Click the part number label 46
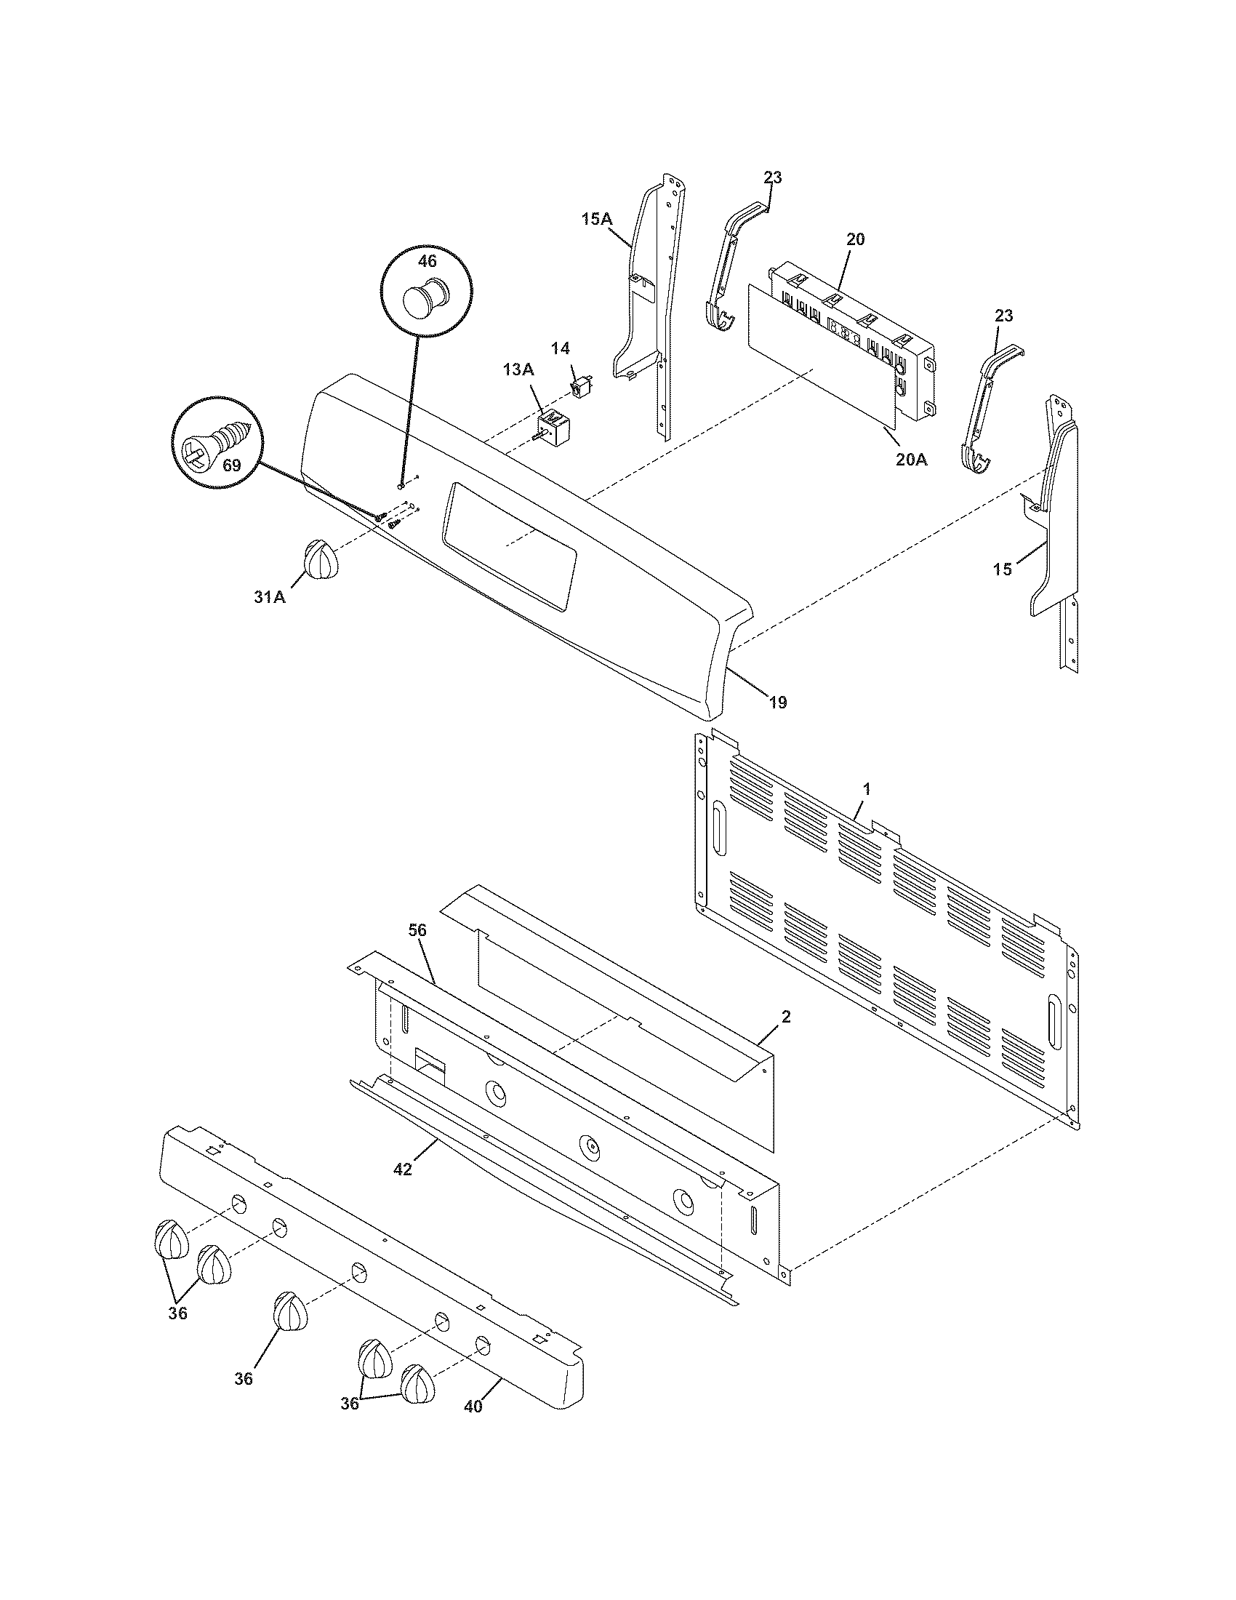tap(427, 261)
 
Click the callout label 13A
tap(518, 370)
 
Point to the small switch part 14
tap(582, 384)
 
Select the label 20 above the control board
tap(855, 239)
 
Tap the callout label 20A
tap(910, 460)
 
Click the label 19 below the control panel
tap(778, 702)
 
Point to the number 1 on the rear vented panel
tap(866, 789)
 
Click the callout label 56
tap(417, 930)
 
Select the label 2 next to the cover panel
tap(786, 1017)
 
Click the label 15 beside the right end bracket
tap(1003, 569)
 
